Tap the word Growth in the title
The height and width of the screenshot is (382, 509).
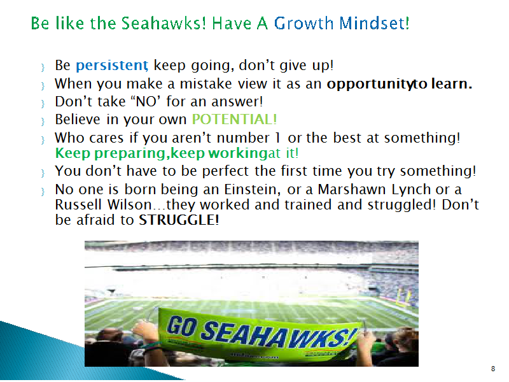click(303, 24)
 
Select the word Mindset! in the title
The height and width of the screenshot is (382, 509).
click(374, 24)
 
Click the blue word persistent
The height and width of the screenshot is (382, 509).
click(112, 66)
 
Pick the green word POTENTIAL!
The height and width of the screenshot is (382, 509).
click(234, 119)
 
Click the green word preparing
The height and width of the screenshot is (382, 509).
click(130, 153)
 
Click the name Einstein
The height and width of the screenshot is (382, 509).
click(252, 189)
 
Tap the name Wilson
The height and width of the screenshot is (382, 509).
click(130, 204)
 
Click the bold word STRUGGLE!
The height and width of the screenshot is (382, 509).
click(179, 220)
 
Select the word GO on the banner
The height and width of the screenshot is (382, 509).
click(182, 326)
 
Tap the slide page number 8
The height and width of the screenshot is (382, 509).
click(493, 369)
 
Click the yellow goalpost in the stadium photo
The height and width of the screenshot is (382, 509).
click(404, 296)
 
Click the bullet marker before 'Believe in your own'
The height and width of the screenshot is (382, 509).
click(43, 122)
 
